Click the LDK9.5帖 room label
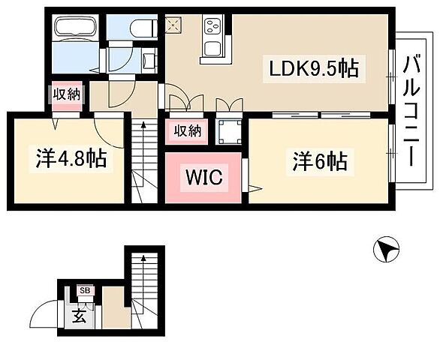tap(314, 69)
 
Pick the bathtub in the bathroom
tap(77, 28)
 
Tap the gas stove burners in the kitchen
tap(211, 28)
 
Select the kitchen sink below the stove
tap(212, 49)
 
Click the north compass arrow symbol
tap(385, 250)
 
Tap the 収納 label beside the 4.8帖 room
tap(67, 94)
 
